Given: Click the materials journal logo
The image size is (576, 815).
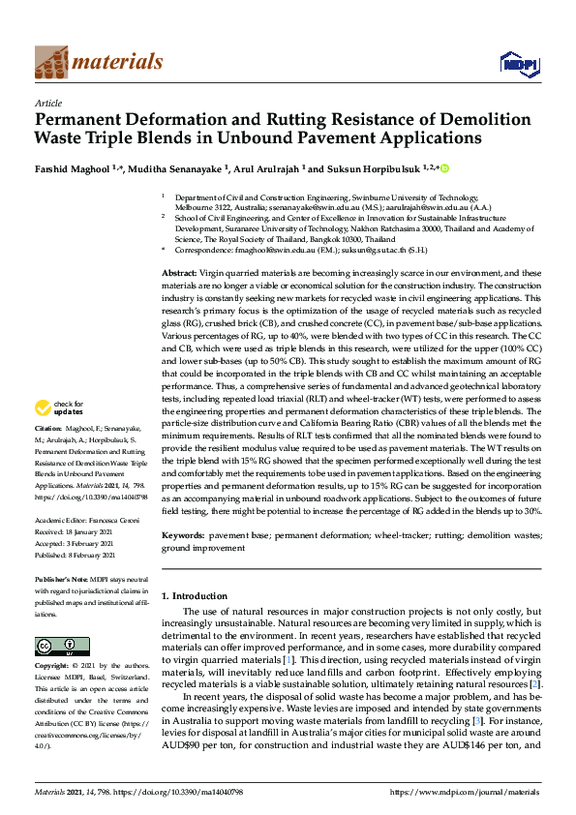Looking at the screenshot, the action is [x=98, y=62].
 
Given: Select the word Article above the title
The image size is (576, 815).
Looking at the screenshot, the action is [x=47, y=103].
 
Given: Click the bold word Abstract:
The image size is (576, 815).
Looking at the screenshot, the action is [x=180, y=275].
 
